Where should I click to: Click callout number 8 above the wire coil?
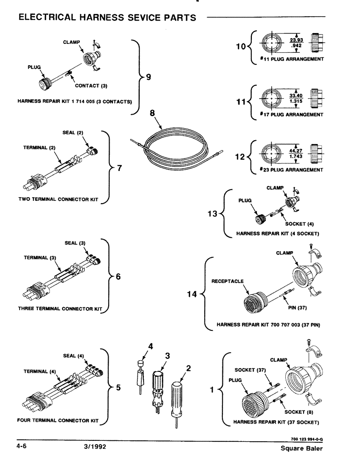(x=152, y=113)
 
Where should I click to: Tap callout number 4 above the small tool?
(x=150, y=346)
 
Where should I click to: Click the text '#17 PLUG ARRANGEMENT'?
(x=291, y=114)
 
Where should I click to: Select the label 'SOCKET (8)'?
(x=298, y=412)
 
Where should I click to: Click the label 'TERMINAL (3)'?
(x=40, y=257)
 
